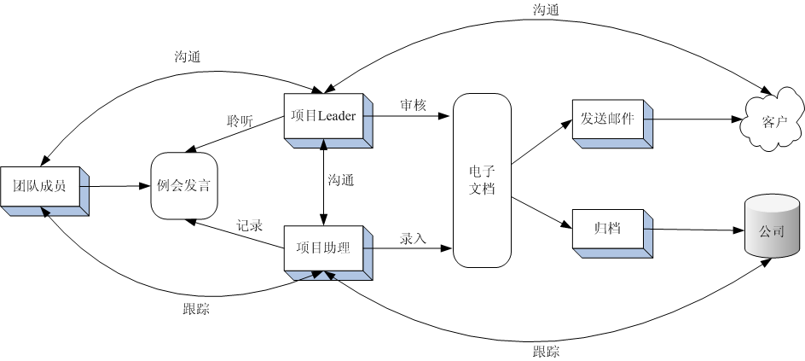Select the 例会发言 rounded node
tap(184, 186)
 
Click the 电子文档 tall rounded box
tap(482, 179)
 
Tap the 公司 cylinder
tap(772, 230)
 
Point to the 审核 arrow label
tap(414, 105)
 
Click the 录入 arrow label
tap(413, 239)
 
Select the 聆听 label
tap(240, 121)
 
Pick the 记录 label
tap(249, 228)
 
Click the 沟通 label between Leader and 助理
tap(341, 180)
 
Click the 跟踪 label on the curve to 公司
tap(547, 350)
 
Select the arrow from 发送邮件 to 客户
tap(695, 120)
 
